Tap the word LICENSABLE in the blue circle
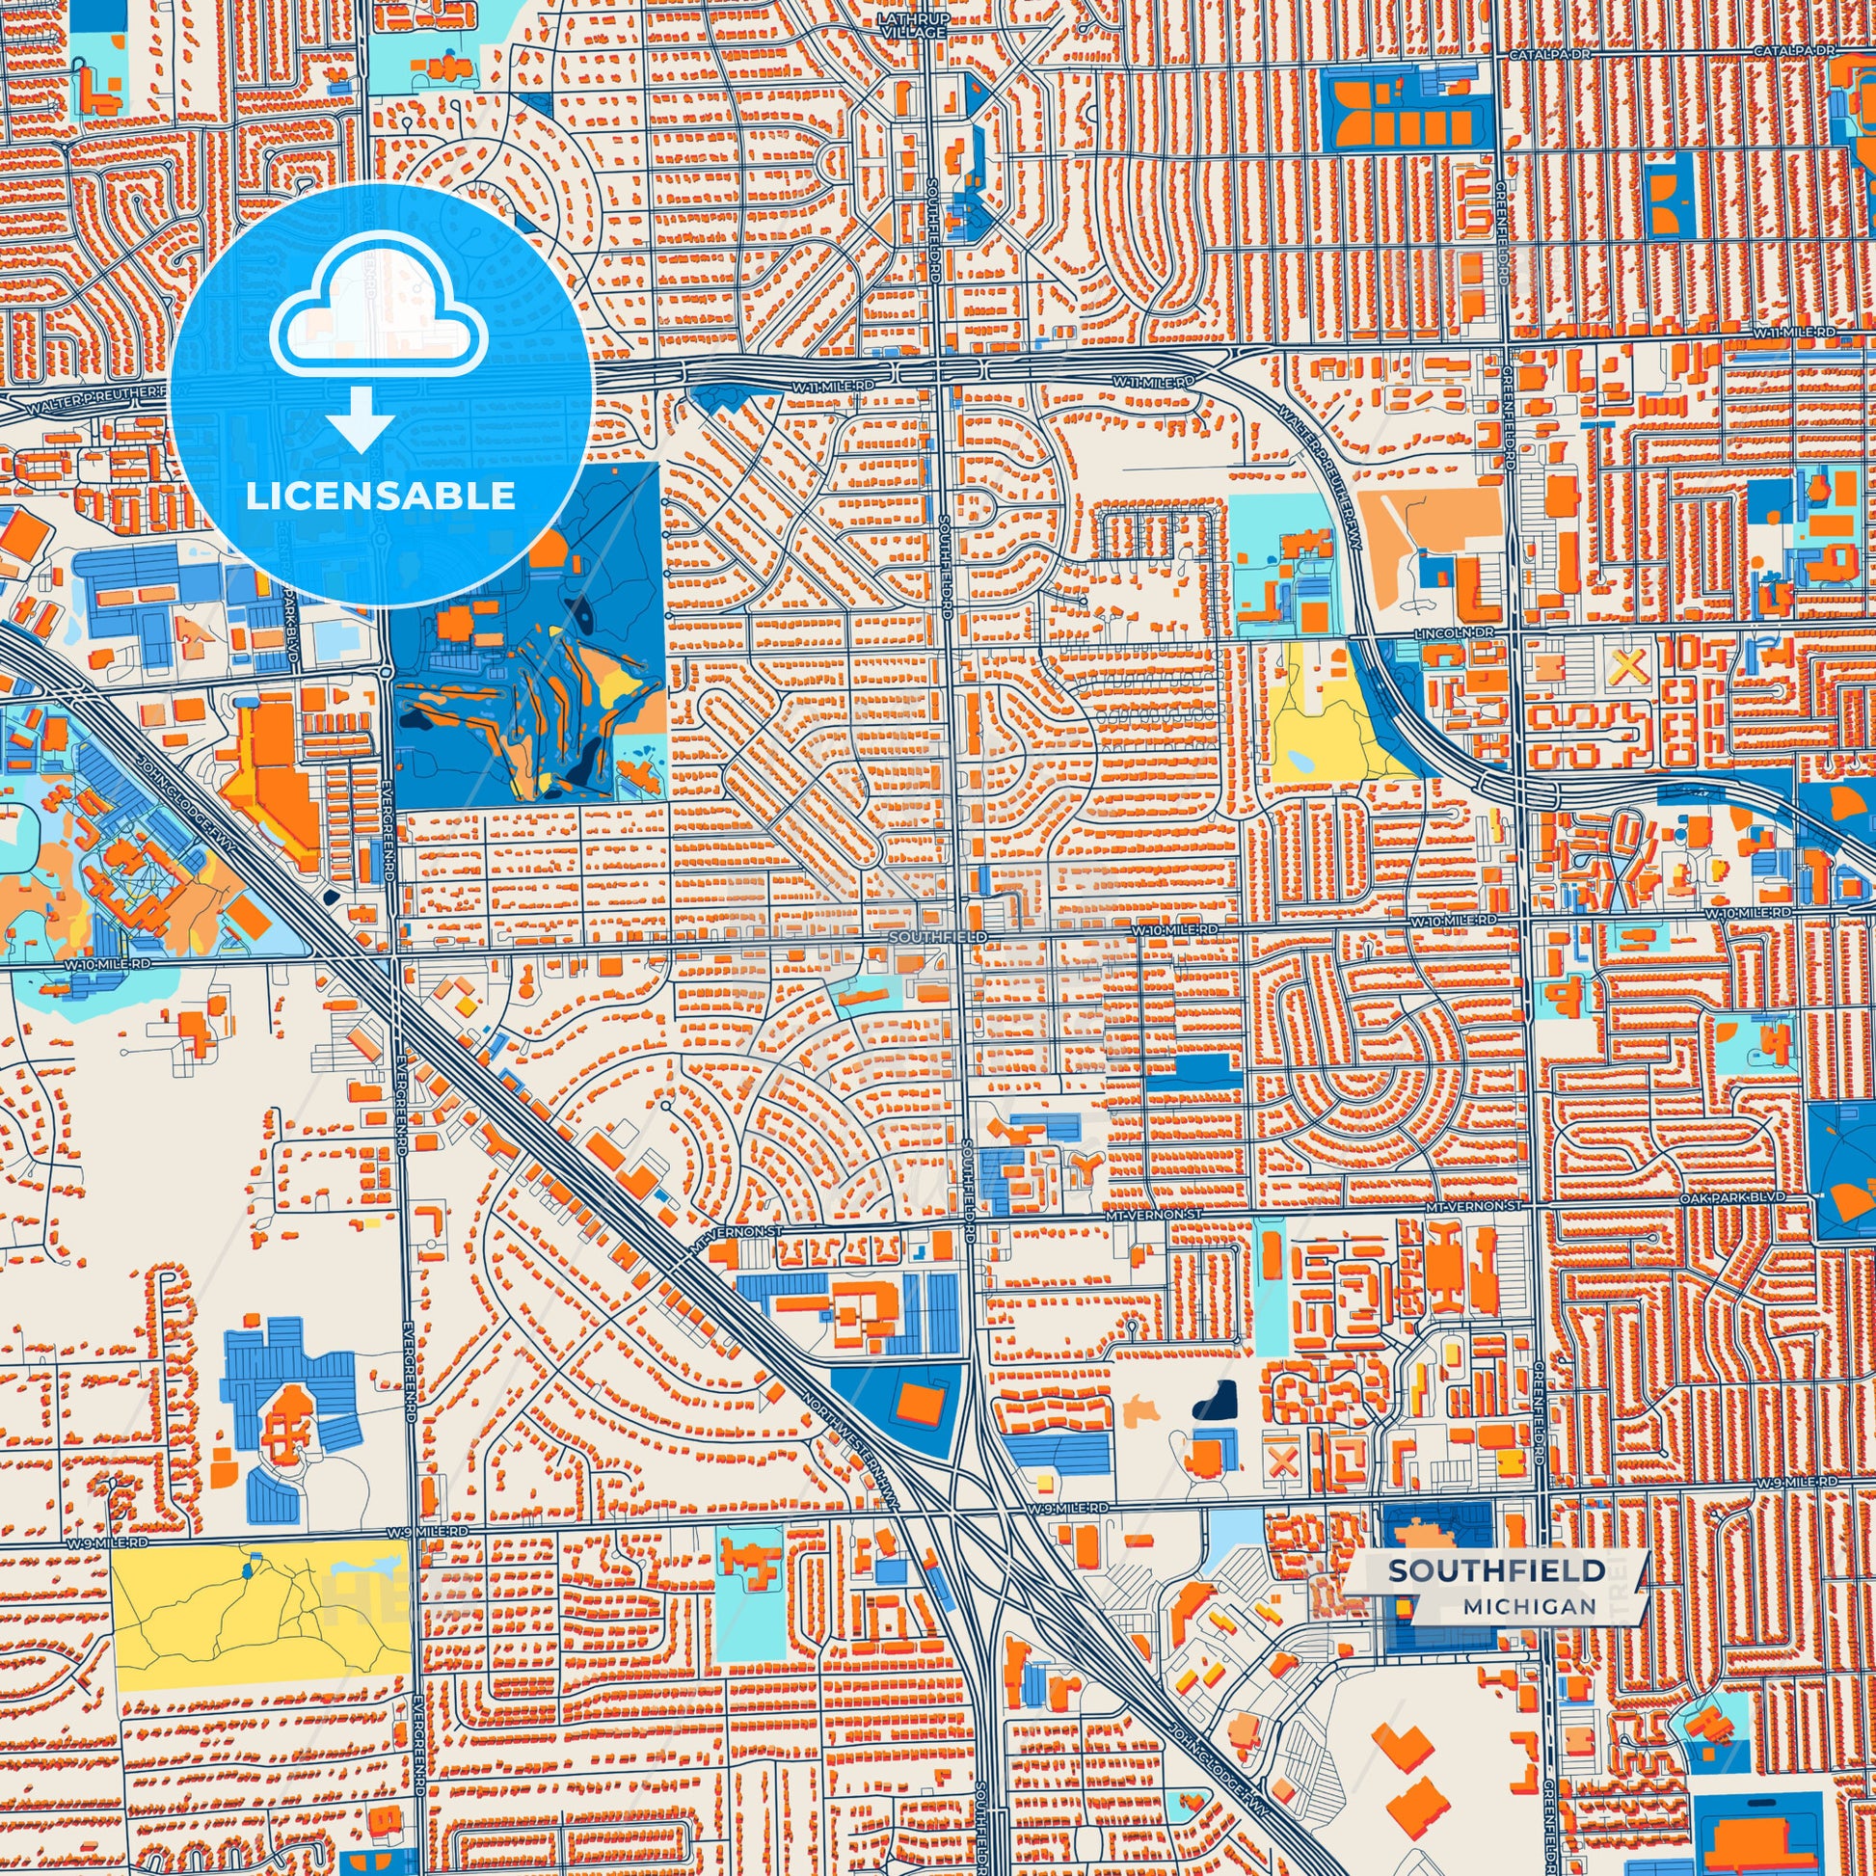click(380, 496)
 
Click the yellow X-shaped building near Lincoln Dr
click(1628, 666)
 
